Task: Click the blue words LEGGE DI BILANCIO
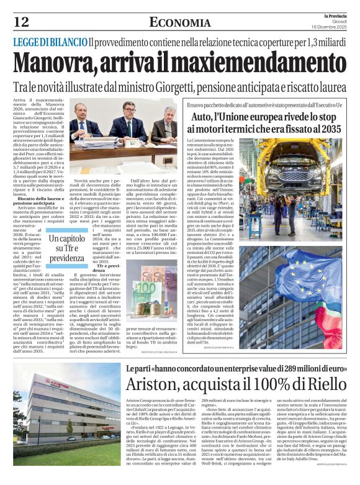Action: pos(50,42)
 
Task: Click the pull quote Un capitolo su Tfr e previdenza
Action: pos(66,248)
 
